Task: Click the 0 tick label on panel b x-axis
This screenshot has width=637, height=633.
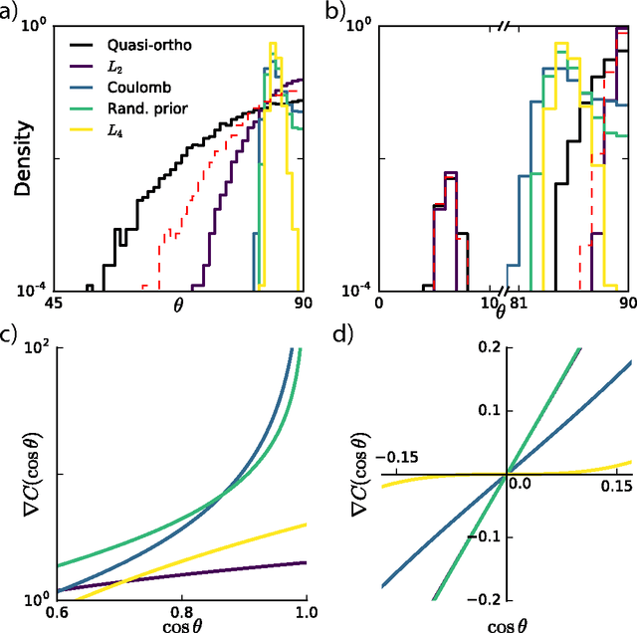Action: pos(379,305)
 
